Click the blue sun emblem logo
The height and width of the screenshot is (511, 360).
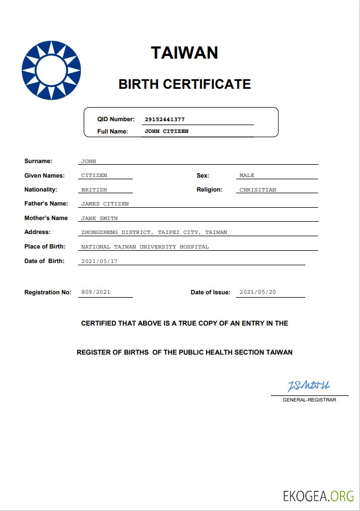51,70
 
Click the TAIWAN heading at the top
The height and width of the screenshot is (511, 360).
184,53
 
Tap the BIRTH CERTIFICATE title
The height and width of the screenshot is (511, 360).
184,84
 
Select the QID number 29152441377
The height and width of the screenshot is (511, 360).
164,120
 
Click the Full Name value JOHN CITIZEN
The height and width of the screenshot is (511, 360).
166,131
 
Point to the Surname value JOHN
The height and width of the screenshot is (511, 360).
89,161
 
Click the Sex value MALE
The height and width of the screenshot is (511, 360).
247,175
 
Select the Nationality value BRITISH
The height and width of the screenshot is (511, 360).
94,190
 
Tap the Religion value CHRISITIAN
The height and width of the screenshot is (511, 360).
257,190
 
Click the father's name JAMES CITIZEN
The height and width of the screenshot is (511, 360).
105,204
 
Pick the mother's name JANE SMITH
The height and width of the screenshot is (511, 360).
99,218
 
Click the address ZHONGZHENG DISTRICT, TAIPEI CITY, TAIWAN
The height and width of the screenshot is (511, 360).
154,232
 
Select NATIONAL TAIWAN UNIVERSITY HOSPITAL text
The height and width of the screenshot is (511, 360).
145,247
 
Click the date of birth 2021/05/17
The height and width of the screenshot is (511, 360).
99,261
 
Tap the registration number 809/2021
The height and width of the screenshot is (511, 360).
95,292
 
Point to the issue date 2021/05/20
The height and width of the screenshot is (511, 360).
257,292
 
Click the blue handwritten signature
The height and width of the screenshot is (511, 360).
309,386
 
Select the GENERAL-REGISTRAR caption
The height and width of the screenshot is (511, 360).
309,400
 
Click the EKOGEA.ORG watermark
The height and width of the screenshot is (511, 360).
318,495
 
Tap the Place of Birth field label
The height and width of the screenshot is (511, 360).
45,246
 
